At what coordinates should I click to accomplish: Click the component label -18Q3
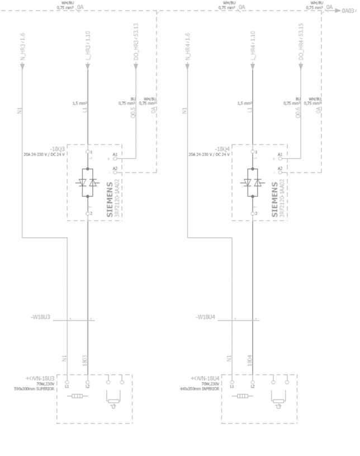point(58,148)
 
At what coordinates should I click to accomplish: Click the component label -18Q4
point(222,148)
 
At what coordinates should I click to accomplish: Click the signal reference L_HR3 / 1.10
point(88,44)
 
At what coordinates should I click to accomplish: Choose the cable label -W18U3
point(41,317)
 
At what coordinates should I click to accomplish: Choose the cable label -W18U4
point(206,317)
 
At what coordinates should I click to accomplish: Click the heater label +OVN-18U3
point(40,378)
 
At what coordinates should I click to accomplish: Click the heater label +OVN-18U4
point(205,378)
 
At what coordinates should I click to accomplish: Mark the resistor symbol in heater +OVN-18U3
point(76,396)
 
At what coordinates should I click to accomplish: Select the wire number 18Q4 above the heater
point(250,358)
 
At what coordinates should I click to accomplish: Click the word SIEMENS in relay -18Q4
point(274,199)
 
